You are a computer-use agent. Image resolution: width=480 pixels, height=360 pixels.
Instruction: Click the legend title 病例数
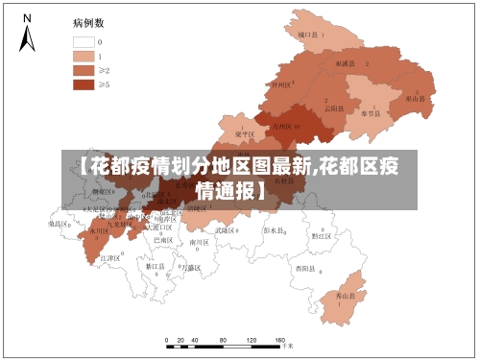[88, 21]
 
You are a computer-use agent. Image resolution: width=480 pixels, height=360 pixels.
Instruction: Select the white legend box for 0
[83, 42]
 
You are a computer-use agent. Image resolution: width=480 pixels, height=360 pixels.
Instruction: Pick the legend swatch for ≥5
[83, 84]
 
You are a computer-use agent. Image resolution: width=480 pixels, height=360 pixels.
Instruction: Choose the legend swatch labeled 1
[83, 56]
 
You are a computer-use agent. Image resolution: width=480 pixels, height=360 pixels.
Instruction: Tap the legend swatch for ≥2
[83, 70]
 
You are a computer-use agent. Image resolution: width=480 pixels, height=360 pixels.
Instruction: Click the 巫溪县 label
[345, 62]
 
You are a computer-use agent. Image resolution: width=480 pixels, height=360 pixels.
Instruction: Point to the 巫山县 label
[415, 98]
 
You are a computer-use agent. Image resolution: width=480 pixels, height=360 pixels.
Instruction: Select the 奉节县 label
[371, 112]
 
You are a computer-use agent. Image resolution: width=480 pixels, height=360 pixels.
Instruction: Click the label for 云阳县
[333, 108]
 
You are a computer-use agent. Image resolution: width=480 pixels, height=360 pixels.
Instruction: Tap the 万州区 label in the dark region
[284, 126]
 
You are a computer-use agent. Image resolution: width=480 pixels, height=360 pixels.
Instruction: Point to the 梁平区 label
[245, 134]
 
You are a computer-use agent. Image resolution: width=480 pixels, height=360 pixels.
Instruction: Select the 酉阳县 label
[305, 268]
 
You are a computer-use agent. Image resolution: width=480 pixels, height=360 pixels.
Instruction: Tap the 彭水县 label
[275, 230]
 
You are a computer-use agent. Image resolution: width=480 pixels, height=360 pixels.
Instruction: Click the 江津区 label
[108, 258]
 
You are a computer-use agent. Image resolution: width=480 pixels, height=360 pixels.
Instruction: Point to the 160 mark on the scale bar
[280, 340]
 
